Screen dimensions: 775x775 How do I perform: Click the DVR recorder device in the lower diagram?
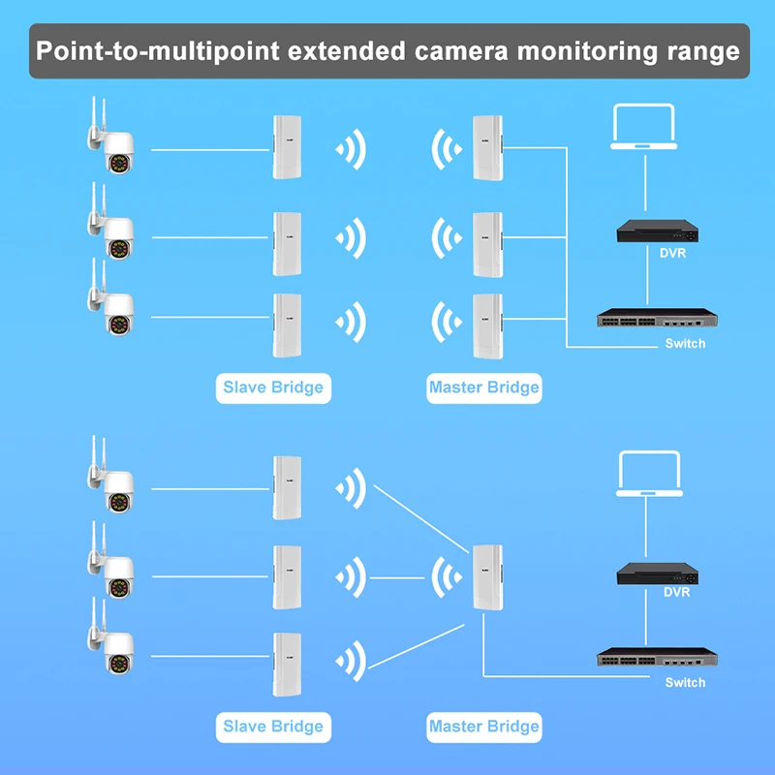(x=658, y=573)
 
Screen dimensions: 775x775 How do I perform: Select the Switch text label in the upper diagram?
(x=685, y=344)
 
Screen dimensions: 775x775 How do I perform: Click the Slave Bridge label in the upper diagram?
(x=272, y=388)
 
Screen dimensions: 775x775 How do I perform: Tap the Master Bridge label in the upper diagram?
(x=483, y=388)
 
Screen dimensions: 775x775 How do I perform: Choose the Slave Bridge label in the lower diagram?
(x=272, y=727)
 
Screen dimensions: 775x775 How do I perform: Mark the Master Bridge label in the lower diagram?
(x=483, y=727)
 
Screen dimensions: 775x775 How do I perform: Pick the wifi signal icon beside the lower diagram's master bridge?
(x=446, y=578)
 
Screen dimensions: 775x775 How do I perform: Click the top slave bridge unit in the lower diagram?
(x=287, y=486)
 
